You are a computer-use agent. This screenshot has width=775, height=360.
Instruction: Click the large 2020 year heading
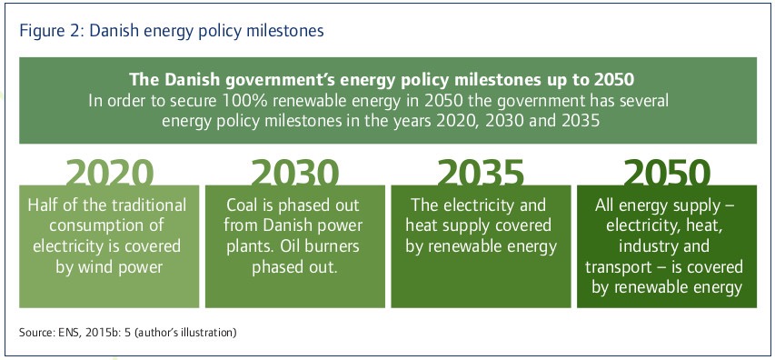(x=109, y=173)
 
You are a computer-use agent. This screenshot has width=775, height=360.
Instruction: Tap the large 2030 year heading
(x=295, y=173)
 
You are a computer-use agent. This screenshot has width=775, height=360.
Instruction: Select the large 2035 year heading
(x=481, y=173)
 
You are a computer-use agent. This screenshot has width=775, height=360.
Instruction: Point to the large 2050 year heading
(x=667, y=173)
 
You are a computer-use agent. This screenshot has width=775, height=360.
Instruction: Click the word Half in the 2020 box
(x=41, y=205)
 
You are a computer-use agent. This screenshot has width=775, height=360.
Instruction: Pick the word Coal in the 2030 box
(x=243, y=205)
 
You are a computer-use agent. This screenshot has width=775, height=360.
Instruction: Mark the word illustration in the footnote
(x=210, y=333)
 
